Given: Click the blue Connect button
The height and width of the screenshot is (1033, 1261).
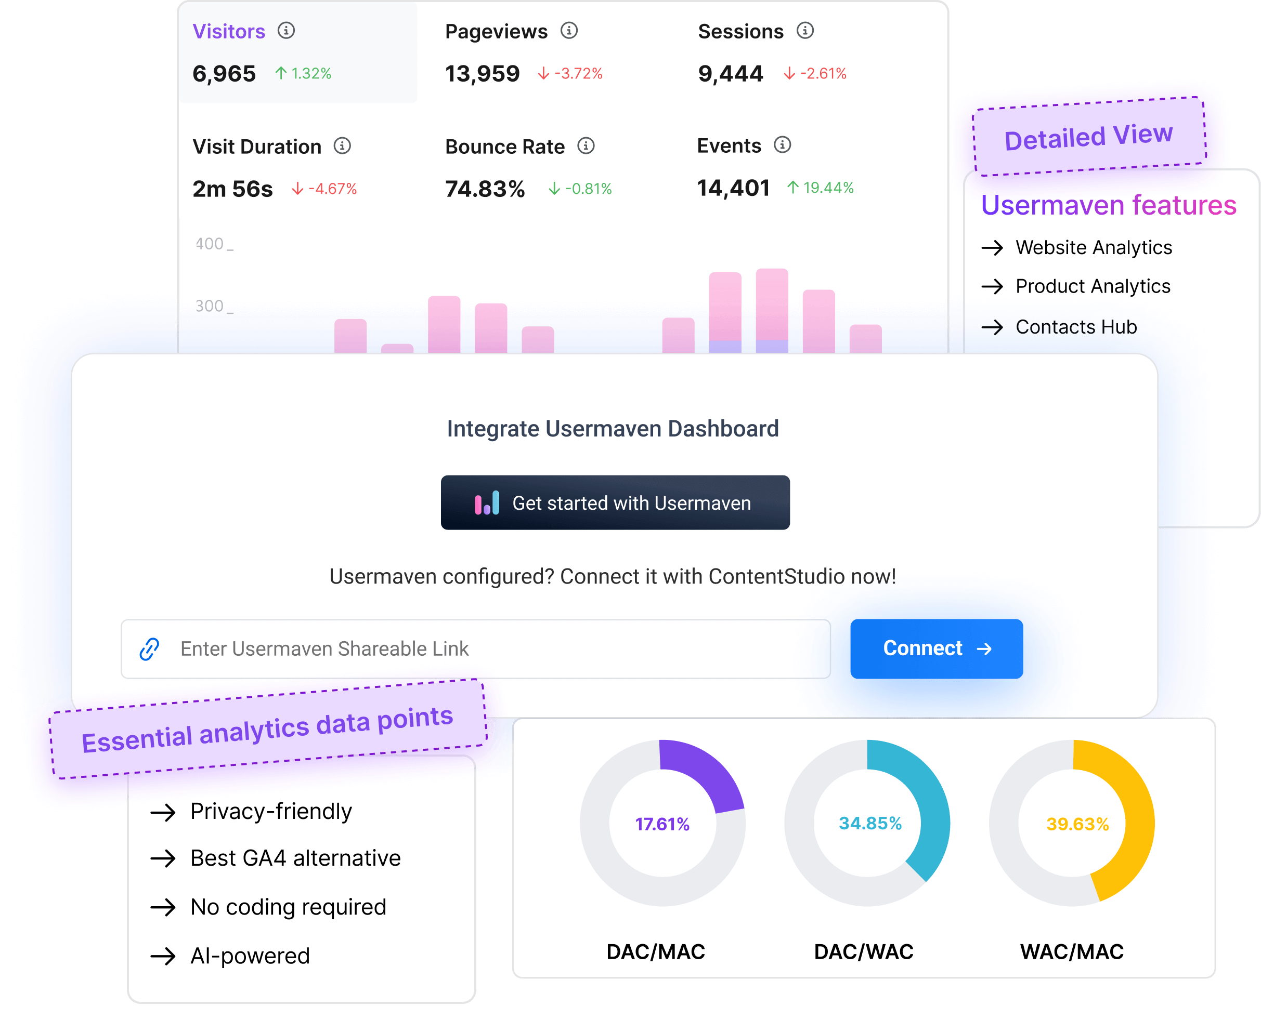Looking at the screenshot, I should [936, 648].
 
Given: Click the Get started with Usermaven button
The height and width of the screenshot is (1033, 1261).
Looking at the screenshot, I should [615, 503].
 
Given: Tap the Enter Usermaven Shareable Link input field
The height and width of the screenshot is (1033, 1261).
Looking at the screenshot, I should [476, 648].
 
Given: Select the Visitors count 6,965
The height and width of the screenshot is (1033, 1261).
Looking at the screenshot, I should [224, 74].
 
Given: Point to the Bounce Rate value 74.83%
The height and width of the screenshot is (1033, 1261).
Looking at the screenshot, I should [485, 189].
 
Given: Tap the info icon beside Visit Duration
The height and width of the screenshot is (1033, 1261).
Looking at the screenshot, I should [342, 146].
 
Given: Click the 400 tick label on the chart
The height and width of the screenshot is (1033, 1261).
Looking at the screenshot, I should [210, 244].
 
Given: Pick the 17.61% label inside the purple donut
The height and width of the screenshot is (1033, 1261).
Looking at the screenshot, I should [662, 824].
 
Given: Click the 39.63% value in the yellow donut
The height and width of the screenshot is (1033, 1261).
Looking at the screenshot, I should [1077, 824].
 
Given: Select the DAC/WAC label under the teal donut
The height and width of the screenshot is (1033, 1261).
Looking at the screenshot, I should [863, 951].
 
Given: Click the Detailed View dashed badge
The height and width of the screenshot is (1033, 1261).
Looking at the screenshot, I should [1088, 136].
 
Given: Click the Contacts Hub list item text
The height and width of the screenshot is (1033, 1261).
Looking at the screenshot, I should [1076, 327].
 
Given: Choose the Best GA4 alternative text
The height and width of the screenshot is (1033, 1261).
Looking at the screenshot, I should [295, 858].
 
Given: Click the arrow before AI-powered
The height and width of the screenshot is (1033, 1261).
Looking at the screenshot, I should [163, 956].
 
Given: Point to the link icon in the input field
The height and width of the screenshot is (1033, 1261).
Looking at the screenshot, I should [149, 648].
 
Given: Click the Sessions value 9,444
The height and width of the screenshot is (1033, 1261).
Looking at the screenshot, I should [730, 74].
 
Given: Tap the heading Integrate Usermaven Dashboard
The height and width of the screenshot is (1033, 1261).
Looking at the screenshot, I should [613, 429].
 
